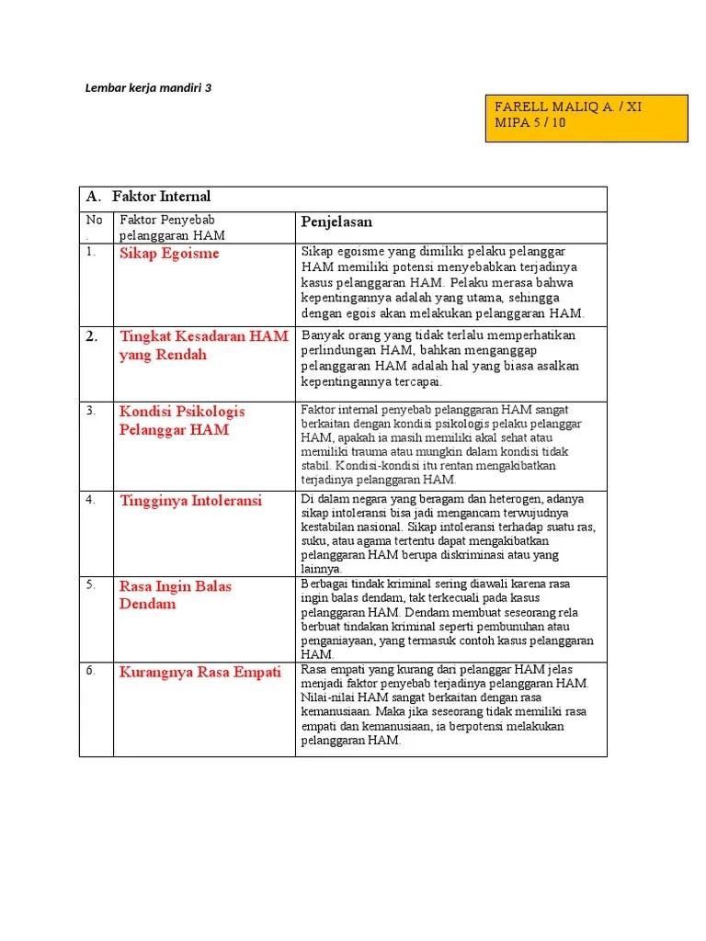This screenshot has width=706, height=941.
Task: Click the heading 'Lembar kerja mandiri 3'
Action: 148,88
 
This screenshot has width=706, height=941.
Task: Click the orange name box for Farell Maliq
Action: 586,116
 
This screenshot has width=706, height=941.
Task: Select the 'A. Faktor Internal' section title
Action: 148,197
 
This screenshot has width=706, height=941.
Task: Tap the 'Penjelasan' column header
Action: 336,223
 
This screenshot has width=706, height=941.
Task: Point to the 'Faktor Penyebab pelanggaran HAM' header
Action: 172,228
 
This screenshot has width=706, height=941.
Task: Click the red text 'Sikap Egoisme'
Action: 169,255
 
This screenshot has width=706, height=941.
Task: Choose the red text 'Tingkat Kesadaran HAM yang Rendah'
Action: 203,346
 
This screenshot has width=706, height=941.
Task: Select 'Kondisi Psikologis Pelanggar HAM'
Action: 182,420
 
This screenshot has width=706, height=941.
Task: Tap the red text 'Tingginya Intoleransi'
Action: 190,501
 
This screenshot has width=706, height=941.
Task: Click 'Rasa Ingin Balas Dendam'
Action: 175,595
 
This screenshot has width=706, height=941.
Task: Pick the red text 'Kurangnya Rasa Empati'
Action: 199,673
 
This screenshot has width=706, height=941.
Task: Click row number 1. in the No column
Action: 91,252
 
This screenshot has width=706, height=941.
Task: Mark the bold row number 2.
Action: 92,337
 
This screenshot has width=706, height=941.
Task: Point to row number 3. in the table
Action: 91,411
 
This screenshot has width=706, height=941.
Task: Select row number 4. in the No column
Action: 91,500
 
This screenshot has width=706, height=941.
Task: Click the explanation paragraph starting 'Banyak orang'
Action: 440,358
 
